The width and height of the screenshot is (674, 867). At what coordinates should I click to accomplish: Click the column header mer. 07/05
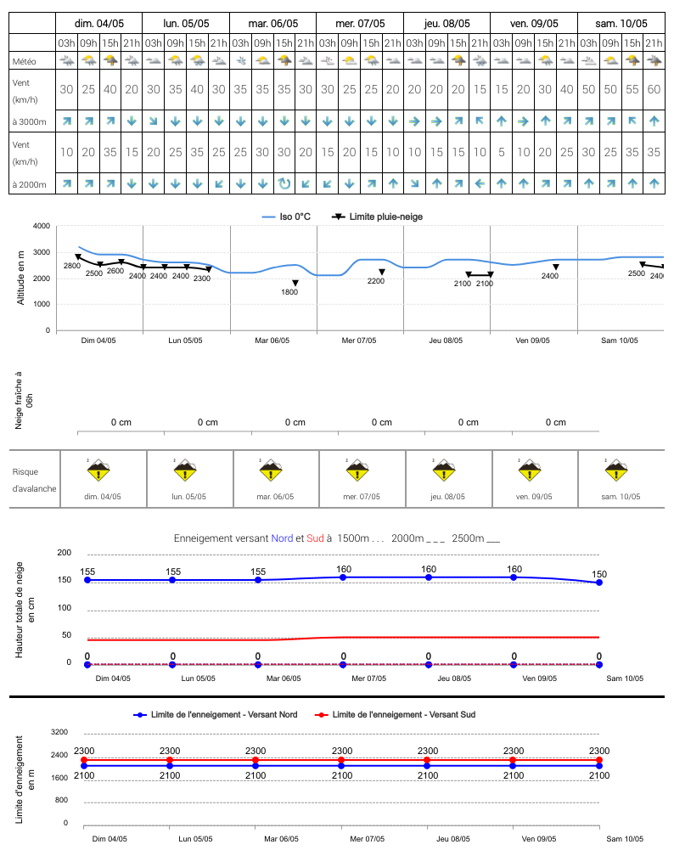click(360, 24)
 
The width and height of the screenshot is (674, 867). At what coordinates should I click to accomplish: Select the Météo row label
click(25, 61)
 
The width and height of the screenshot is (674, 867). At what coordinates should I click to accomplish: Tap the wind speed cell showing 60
click(654, 89)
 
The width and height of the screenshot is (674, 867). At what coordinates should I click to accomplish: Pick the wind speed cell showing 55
click(632, 89)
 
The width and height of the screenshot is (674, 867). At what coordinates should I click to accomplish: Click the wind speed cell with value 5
click(502, 152)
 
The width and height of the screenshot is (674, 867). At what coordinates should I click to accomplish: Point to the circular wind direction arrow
click(284, 183)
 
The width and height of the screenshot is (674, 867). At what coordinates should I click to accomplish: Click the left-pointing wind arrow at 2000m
click(480, 183)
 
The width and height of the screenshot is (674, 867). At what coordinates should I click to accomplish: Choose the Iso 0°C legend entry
click(286, 217)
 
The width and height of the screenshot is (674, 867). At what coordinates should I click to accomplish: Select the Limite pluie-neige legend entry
click(377, 217)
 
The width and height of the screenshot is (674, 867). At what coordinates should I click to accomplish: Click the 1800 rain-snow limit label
click(289, 292)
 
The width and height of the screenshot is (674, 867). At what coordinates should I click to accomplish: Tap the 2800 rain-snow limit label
click(72, 266)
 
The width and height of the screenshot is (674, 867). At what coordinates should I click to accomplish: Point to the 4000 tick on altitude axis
click(42, 226)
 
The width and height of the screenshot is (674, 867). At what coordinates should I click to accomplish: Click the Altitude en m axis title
click(21, 278)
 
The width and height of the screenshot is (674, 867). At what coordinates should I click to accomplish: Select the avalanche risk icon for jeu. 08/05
click(443, 470)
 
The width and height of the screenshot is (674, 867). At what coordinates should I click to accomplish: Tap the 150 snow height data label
click(599, 575)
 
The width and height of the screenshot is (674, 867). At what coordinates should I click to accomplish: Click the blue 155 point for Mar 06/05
click(258, 580)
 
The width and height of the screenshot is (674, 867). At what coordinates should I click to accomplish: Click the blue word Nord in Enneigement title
click(282, 538)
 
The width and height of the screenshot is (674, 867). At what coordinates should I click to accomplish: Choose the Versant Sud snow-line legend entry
click(395, 714)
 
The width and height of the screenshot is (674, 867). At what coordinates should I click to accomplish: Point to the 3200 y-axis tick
click(59, 732)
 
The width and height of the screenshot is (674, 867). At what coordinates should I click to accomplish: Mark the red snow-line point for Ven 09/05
click(513, 760)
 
